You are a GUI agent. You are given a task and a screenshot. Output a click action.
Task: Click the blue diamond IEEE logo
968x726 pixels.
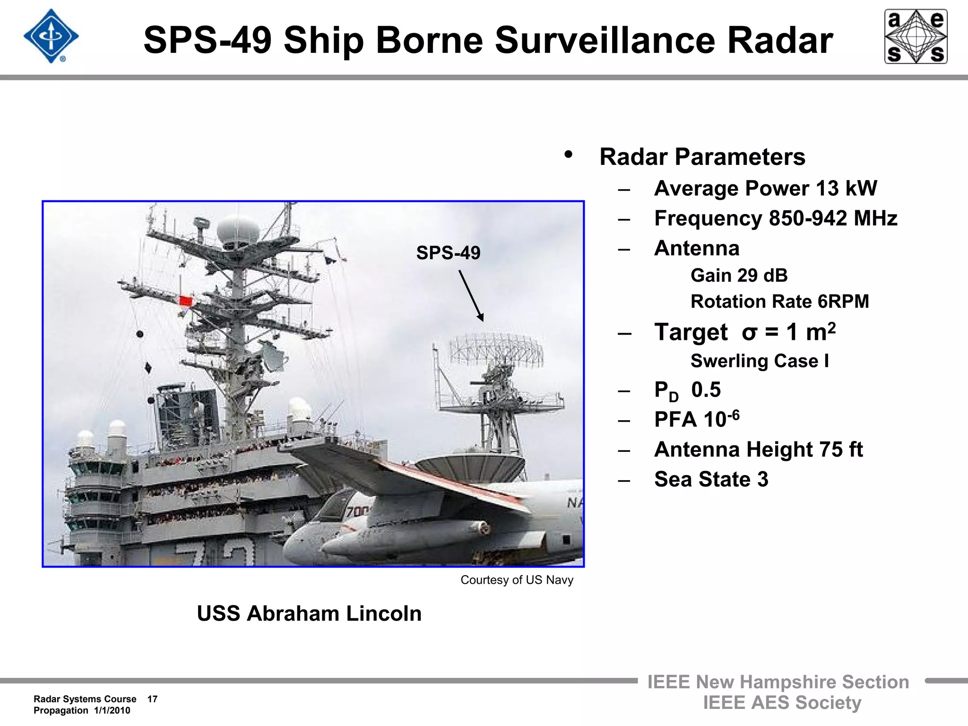[x=51, y=36]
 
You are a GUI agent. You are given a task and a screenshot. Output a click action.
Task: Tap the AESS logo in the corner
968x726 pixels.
[x=916, y=36]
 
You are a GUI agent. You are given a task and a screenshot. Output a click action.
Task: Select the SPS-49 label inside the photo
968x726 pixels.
[x=448, y=253]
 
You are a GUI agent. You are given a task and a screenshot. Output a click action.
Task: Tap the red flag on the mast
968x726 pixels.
[x=186, y=301]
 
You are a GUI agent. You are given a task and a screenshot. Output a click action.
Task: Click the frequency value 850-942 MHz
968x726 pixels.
[x=833, y=218]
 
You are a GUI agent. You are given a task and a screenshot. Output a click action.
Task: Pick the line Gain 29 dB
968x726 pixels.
[x=739, y=276]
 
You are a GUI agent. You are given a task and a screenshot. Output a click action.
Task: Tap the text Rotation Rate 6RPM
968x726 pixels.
[x=779, y=302]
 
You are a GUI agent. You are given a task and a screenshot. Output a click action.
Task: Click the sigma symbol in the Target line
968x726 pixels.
[x=749, y=332]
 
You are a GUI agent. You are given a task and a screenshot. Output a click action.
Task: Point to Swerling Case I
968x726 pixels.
[x=760, y=361]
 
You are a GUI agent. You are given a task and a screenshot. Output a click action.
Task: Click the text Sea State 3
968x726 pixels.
[x=711, y=479]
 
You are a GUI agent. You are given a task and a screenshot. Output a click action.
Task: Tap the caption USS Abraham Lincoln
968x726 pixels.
[x=309, y=614]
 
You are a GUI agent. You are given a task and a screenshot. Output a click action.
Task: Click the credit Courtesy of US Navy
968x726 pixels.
[x=517, y=580]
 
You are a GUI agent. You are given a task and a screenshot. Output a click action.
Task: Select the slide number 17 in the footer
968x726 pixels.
[x=152, y=699]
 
